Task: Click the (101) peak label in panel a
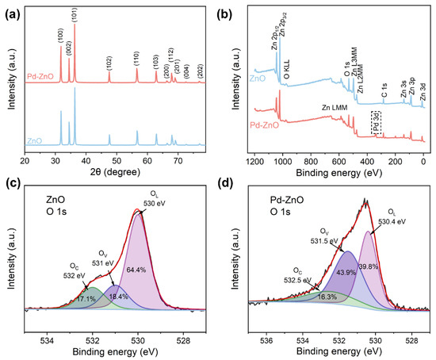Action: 75,13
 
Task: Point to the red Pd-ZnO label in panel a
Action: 41,76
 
